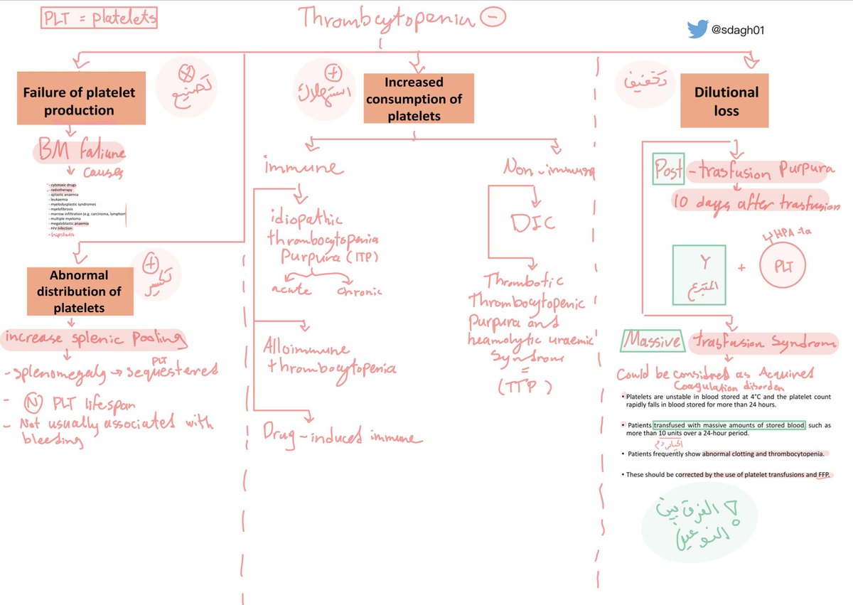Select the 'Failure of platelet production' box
tap(78, 101)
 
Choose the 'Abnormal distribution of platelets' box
tap(80, 291)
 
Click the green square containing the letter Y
tap(699, 272)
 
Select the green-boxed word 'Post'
tap(667, 168)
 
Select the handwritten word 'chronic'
tap(360, 291)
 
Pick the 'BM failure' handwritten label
tap(78, 152)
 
